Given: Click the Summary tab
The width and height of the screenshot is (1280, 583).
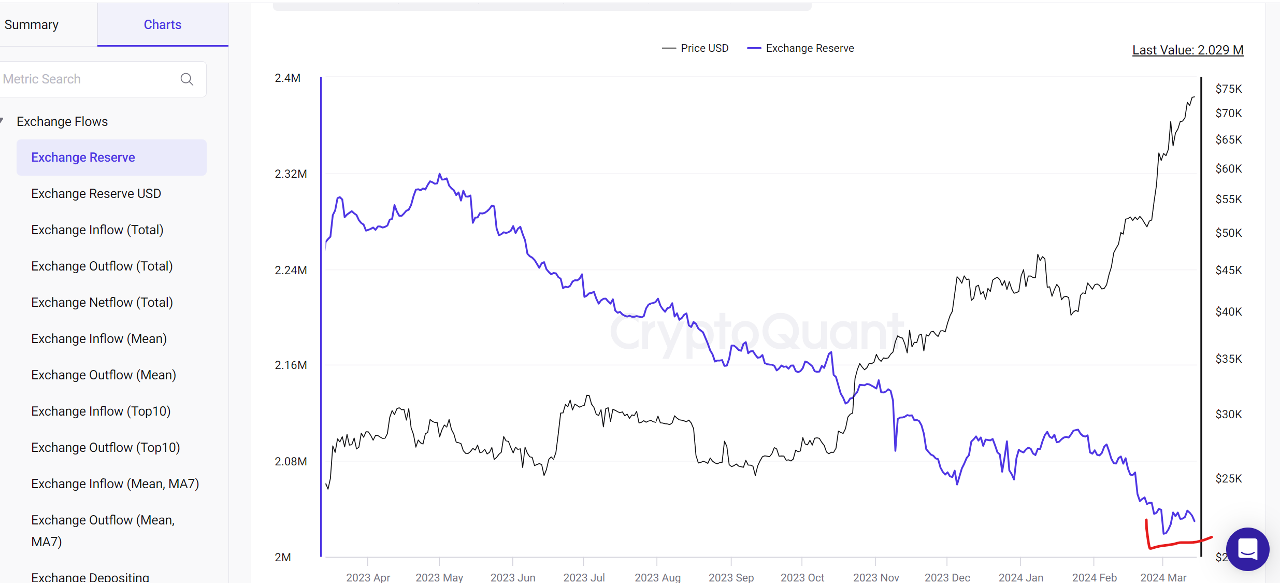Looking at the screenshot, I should click(32, 25).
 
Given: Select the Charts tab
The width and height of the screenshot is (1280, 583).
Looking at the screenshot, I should click(162, 25).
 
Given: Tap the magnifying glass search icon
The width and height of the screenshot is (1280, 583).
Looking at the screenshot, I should click(187, 79).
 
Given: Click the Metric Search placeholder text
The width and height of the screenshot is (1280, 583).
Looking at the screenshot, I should click(42, 79).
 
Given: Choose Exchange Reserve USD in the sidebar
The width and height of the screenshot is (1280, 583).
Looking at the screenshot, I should click(96, 193).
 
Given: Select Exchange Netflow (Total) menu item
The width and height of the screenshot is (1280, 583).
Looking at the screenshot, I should click(102, 302).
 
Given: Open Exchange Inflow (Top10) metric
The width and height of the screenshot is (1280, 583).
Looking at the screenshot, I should click(100, 411).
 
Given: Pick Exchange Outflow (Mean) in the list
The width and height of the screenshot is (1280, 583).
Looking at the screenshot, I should click(103, 375).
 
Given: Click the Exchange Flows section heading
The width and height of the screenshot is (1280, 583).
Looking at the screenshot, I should click(62, 121).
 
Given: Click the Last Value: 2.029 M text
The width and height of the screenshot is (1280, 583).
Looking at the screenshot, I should click(1187, 50).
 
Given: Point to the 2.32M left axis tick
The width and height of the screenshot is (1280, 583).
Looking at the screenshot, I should click(291, 174).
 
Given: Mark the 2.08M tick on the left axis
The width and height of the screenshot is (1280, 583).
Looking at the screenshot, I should click(291, 462).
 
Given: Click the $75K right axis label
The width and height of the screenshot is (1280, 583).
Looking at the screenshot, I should click(1228, 89).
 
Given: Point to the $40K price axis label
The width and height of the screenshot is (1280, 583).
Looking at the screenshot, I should click(1228, 312).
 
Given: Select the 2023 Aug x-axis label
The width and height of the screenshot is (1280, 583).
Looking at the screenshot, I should click(657, 577).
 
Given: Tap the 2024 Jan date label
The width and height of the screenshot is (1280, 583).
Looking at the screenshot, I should click(1020, 577).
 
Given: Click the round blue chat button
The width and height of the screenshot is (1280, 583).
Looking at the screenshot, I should click(1247, 549).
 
